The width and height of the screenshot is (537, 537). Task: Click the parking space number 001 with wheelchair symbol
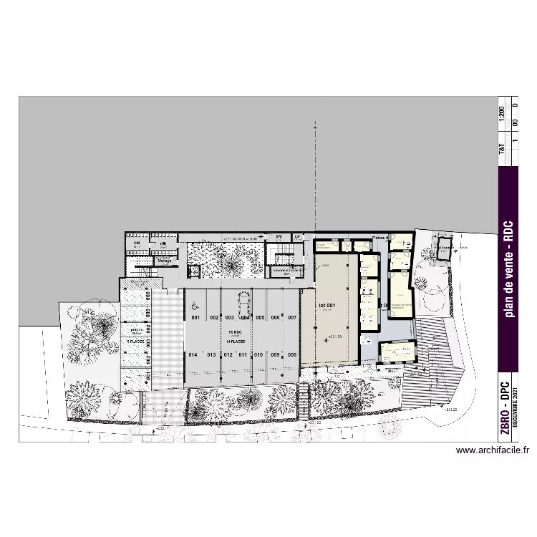tap(193, 317)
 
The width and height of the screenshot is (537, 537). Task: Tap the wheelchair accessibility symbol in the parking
tap(193, 304)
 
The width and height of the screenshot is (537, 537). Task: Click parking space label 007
tap(292, 317)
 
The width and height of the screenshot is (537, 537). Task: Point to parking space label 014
tap(193, 354)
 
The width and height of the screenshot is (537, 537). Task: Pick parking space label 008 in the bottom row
tap(292, 354)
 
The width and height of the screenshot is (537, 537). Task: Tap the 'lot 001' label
tap(327, 305)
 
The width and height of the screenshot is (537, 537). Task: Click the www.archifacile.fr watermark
tap(492, 451)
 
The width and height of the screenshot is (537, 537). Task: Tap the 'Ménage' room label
tap(165, 261)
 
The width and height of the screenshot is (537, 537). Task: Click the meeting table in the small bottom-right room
tap(397, 352)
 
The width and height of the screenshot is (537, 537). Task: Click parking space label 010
tap(258, 354)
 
